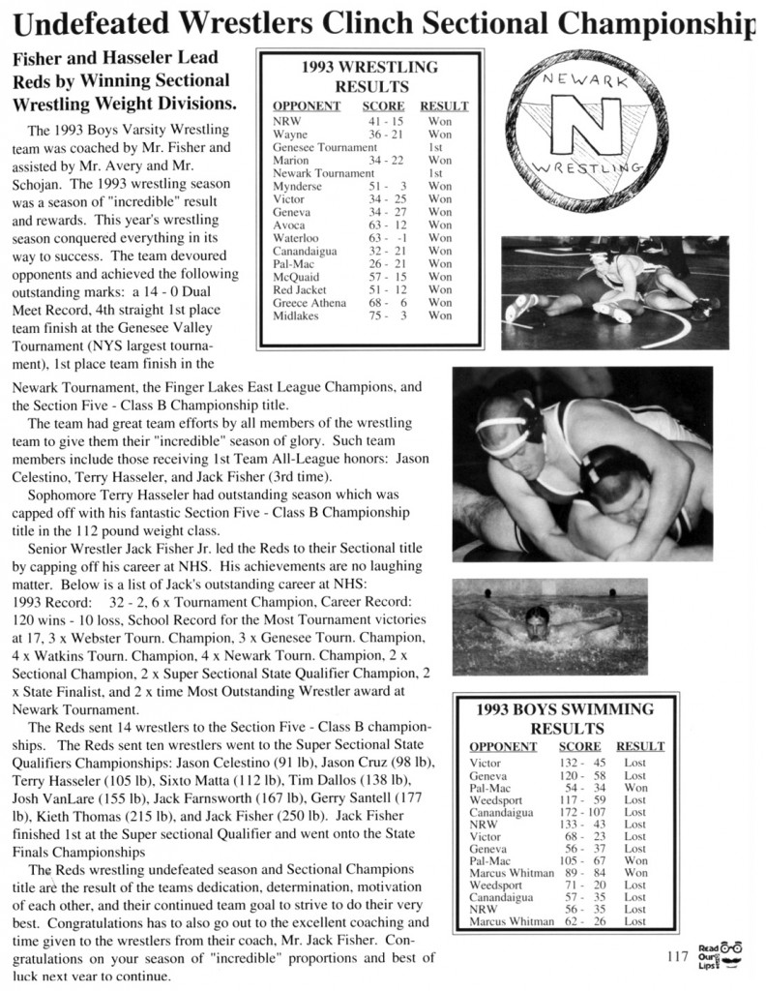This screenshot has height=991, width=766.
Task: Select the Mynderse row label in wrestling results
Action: (300, 186)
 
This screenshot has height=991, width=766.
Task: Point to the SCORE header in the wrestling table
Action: (383, 106)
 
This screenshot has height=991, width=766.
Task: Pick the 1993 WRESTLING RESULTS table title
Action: (369, 77)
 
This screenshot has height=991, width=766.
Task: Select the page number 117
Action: (677, 957)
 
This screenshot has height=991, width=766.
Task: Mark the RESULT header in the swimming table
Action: (639, 747)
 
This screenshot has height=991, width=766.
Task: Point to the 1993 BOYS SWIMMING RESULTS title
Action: (565, 718)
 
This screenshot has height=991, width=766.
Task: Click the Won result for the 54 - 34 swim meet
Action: (634, 788)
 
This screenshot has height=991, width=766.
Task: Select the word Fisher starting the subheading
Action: (40, 59)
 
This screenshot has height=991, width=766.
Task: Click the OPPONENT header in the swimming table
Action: (503, 747)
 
